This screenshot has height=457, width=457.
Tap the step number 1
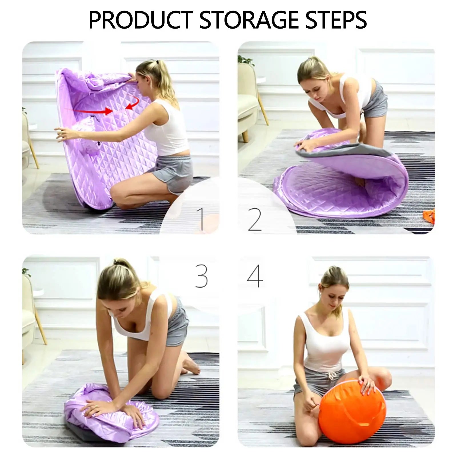[x=201, y=219]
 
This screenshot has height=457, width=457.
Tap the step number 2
[x=254, y=220]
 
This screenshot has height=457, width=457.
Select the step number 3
[x=201, y=276]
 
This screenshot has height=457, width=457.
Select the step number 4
[x=255, y=276]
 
